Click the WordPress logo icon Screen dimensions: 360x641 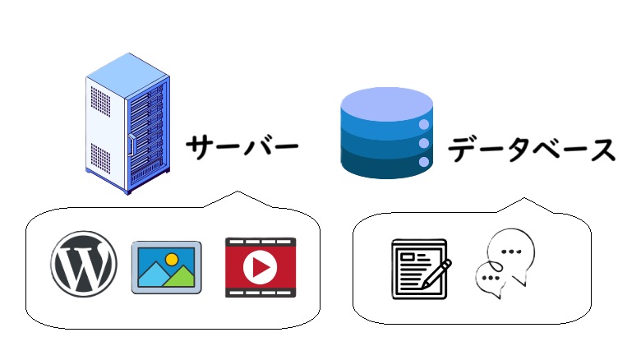(x=83, y=265)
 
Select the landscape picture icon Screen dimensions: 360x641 (x=167, y=267)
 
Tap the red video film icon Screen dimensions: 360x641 (x=260, y=267)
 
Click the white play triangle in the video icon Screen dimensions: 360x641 (x=261, y=267)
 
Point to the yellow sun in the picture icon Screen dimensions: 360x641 (x=172, y=258)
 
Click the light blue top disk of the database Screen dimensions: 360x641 (x=386, y=104)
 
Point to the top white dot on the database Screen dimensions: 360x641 (x=424, y=125)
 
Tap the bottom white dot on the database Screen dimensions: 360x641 (x=424, y=162)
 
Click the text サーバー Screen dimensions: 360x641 (x=239, y=148)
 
